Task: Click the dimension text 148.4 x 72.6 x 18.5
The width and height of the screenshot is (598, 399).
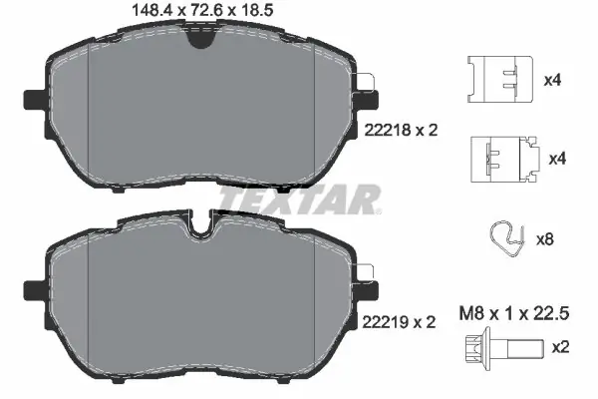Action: [202, 10]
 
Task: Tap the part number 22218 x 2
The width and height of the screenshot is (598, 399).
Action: [402, 131]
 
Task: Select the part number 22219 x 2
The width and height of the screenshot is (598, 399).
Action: [399, 322]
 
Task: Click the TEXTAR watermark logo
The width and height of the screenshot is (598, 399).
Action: [299, 199]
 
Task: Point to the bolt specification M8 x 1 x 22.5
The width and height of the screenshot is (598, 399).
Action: [514, 313]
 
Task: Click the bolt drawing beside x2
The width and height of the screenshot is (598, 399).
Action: [504, 348]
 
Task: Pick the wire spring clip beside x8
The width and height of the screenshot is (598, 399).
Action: [507, 238]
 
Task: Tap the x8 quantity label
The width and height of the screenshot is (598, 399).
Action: [545, 239]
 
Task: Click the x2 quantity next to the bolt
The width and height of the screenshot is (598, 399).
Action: [560, 347]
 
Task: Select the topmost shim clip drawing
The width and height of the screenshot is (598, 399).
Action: [500, 79]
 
